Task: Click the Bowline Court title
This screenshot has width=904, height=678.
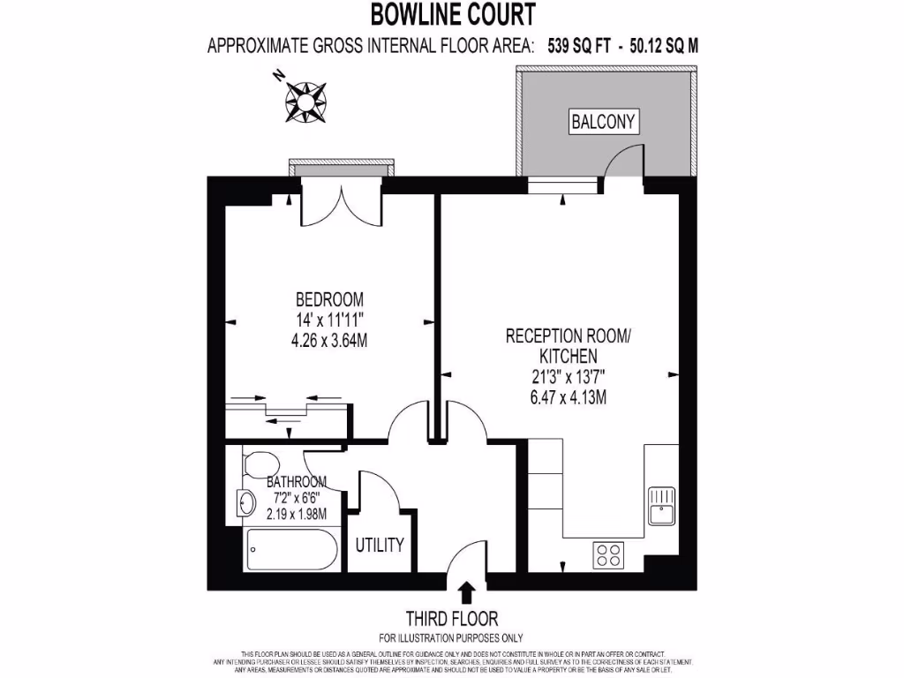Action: point(452,14)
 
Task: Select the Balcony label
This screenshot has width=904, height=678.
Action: point(603,122)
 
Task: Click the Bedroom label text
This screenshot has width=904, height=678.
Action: point(329,299)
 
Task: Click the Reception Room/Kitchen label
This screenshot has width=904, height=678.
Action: point(569,345)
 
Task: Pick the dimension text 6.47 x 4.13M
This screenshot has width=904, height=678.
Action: point(569,397)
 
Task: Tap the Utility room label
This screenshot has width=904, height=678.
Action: point(380,544)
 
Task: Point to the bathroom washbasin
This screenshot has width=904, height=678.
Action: point(246,503)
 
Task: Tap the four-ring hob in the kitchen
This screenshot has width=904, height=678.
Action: point(607,554)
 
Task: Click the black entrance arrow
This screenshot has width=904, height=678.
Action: point(466,592)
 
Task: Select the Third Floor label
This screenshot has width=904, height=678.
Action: point(451,619)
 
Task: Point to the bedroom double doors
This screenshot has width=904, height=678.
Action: point(339,205)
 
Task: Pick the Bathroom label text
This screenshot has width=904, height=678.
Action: point(297,482)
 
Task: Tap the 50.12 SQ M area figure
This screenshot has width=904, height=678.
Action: point(663,46)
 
